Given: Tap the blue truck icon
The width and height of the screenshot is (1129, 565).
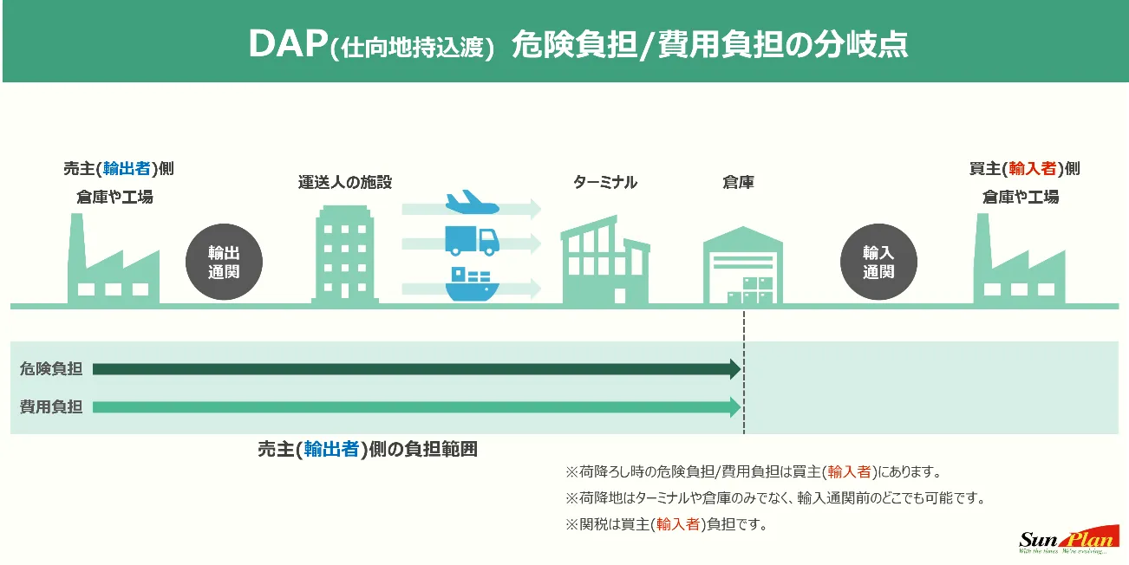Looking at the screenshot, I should (471, 240).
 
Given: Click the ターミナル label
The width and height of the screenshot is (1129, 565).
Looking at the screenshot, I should (605, 182).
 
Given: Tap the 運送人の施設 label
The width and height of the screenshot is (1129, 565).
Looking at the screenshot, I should (345, 182).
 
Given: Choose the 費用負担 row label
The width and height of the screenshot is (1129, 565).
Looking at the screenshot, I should (51, 406).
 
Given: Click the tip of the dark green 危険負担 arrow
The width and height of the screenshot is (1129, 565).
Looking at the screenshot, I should (739, 370).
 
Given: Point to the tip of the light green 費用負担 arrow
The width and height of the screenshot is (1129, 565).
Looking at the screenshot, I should (739, 406).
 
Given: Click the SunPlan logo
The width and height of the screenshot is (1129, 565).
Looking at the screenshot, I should (1066, 540).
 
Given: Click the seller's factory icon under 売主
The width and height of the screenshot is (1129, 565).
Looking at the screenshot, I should (113, 260).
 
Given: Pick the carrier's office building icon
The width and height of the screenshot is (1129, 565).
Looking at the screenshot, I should (345, 254).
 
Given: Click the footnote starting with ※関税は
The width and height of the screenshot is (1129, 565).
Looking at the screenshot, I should (667, 524).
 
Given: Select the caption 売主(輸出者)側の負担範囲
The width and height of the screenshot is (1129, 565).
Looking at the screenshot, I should (368, 451).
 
